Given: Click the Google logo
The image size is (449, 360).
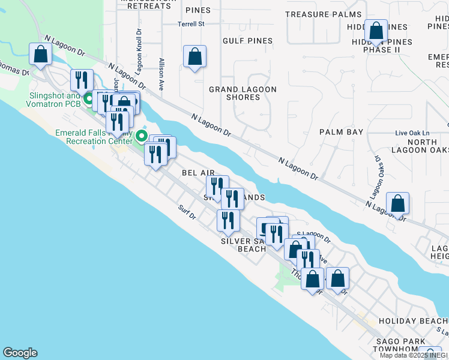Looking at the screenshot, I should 20,353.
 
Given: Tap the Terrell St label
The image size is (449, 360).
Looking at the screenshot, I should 191,25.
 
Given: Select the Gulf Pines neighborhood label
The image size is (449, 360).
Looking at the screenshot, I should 247,41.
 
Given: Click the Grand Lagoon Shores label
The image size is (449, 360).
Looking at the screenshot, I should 243,94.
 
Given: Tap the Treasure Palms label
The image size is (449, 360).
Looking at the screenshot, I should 324,14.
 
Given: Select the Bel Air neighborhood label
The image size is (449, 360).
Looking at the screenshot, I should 198,173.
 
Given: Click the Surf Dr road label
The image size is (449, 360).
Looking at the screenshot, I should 187,212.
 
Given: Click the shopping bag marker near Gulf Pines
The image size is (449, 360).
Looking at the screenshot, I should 194,58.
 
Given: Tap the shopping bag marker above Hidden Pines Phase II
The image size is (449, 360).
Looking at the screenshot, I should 376,32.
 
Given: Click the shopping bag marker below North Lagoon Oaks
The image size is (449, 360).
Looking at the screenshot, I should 397,204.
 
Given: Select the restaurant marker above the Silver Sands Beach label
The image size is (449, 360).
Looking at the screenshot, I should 228,221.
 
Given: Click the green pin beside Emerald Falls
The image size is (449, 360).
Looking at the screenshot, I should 142,135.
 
